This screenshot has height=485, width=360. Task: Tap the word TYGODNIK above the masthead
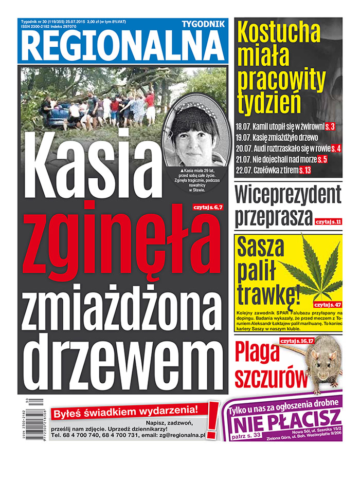pyautogui.click(x=203, y=24)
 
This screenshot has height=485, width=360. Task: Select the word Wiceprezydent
pyautogui.click(x=288, y=194)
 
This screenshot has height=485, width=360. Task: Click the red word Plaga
pyautogui.click(x=257, y=355)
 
